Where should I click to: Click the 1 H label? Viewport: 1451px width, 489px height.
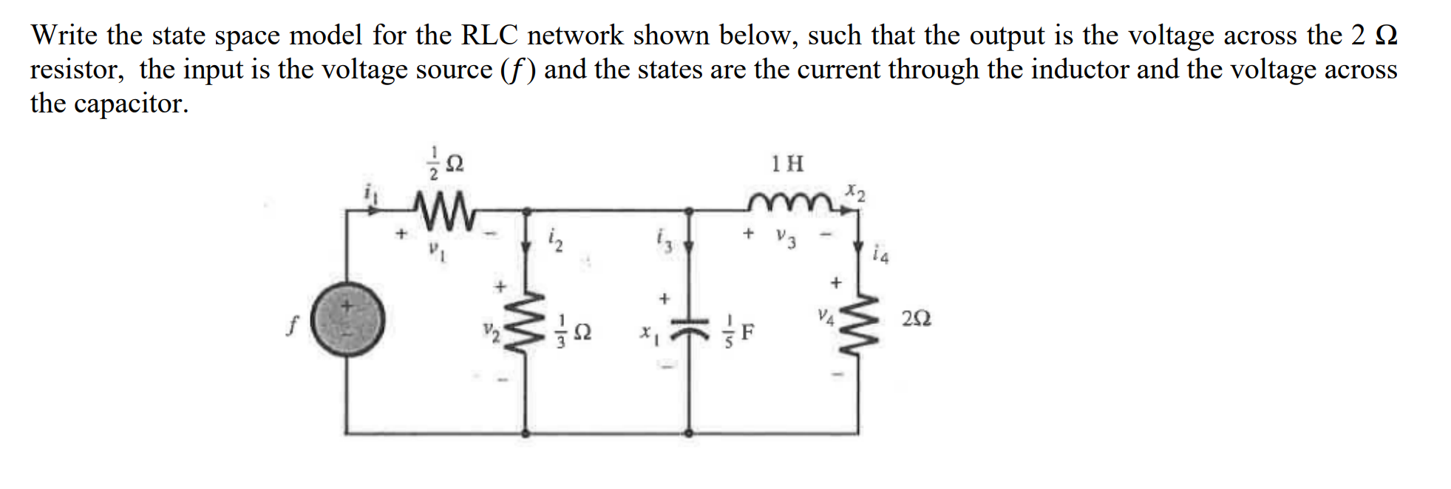(787, 163)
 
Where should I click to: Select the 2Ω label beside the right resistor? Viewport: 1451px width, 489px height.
(916, 319)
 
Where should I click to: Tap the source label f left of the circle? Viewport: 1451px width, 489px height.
(291, 324)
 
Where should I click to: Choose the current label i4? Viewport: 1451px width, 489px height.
(880, 255)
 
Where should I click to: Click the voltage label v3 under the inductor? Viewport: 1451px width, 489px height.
(786, 238)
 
